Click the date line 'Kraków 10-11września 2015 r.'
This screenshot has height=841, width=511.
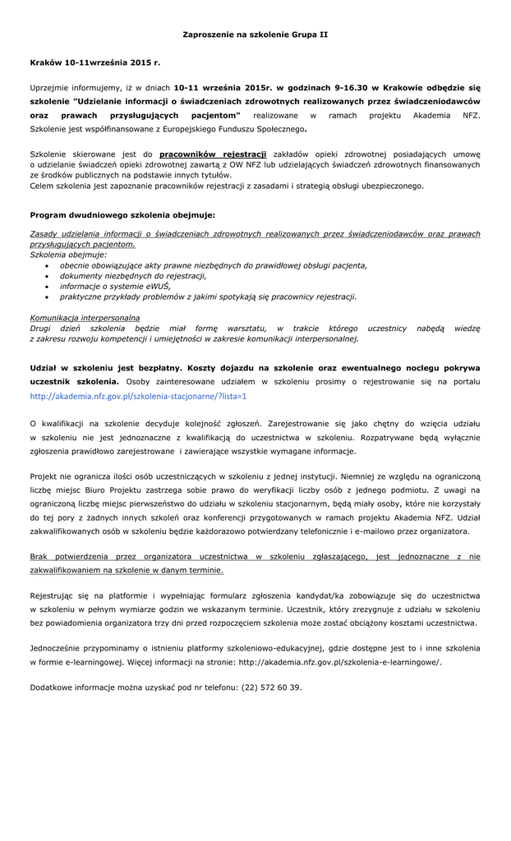tap(95, 62)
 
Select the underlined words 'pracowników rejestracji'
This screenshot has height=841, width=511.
tap(213, 154)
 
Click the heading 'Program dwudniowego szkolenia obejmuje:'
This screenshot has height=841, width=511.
tap(122, 214)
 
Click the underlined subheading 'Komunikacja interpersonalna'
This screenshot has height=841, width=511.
tap(85, 317)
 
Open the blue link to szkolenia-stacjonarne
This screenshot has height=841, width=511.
tap(138, 396)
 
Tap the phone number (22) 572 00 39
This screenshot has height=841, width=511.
tap(271, 687)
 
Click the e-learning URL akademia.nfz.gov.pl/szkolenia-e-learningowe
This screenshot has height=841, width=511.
tap(339, 661)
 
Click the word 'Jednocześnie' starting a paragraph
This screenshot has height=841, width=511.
tap(56, 648)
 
